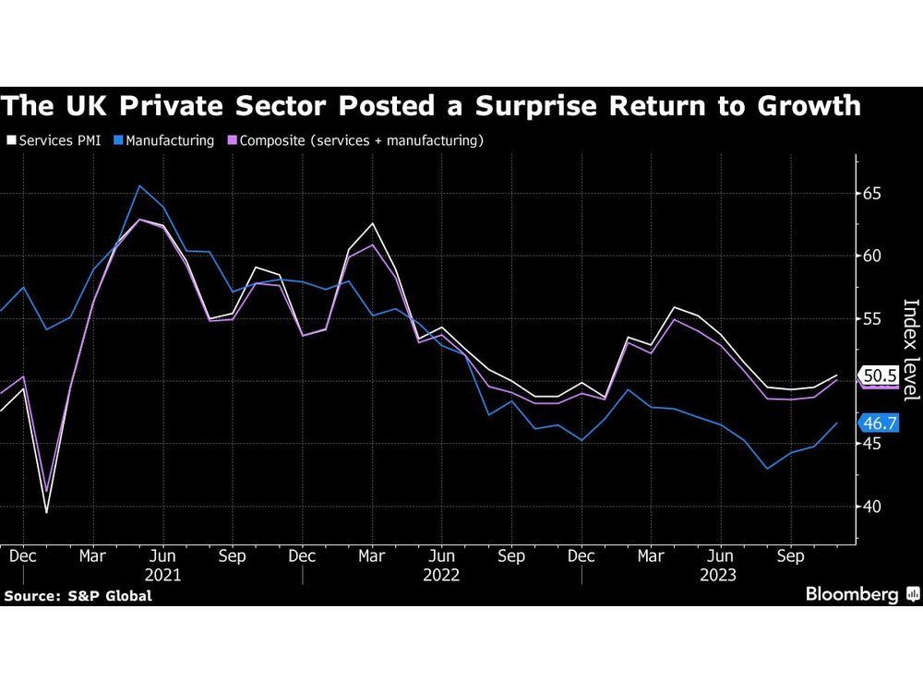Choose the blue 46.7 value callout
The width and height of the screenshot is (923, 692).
click(x=878, y=424)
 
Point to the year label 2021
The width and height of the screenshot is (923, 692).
click(x=162, y=575)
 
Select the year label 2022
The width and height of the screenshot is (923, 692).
click(x=441, y=575)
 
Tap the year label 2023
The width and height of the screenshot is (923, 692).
click(x=719, y=575)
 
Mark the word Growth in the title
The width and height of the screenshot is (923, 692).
click(x=804, y=106)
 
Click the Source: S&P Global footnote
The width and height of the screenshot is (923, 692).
click(x=78, y=596)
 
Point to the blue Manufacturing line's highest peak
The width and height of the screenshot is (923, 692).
click(x=139, y=186)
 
